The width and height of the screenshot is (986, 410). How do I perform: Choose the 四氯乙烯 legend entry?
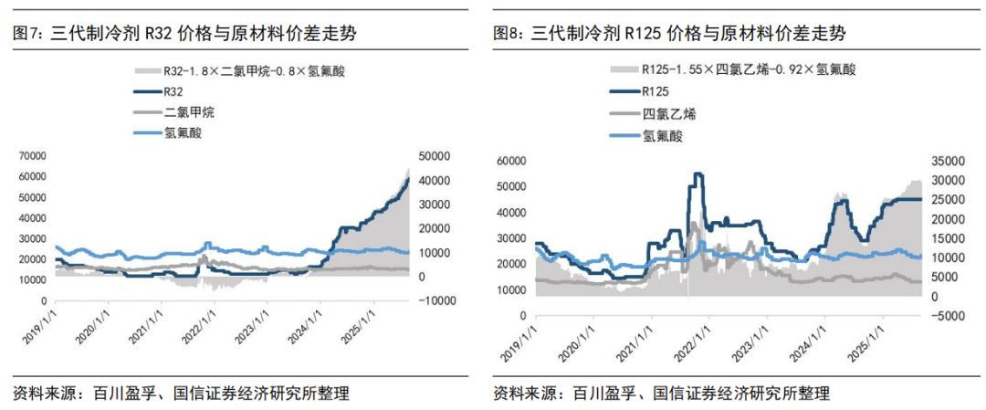coord(662,113)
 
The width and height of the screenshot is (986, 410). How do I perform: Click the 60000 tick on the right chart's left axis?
coord(511,160)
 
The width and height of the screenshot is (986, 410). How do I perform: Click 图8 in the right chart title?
coord(506,33)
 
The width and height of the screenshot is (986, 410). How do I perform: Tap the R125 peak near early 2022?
coord(698,173)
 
